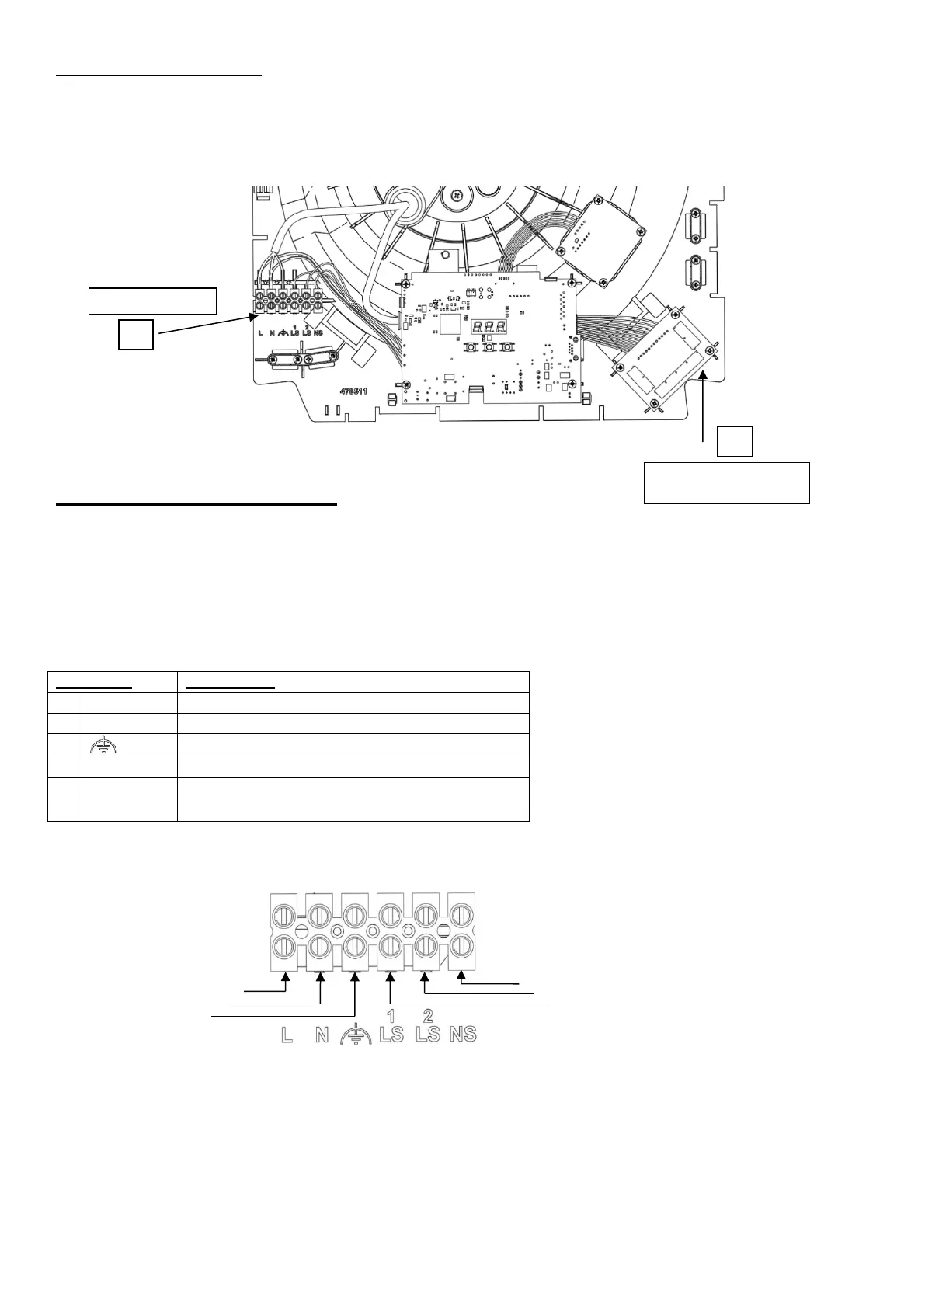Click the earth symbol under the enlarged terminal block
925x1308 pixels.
356,1035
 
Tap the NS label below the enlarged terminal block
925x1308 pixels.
463,1035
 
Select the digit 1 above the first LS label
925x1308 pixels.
391,1016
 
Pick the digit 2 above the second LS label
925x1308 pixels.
427,1016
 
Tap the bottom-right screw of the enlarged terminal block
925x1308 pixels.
463,945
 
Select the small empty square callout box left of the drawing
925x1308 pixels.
135,334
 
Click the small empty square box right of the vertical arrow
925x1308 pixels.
734,441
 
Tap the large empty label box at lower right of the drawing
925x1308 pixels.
727,482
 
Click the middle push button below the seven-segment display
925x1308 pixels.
489,346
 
